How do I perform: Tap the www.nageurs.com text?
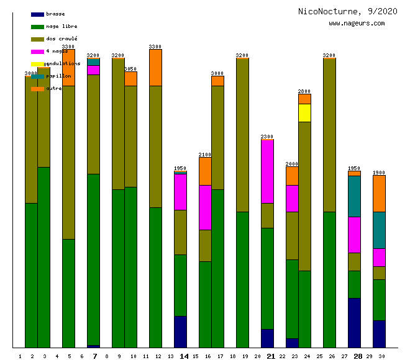click(357, 24)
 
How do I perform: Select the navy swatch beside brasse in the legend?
click(37, 14)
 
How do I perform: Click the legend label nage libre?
click(61, 27)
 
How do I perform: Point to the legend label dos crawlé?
click(61, 39)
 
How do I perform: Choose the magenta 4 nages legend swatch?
click(37, 52)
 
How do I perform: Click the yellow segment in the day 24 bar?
click(304, 113)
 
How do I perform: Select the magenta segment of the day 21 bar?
click(267, 171)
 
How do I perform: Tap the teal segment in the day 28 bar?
click(354, 196)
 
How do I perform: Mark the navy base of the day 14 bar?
click(180, 331)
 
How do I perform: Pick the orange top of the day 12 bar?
click(155, 67)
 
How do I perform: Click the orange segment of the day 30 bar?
click(379, 194)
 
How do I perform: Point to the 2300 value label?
click(267, 137)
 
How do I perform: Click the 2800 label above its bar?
click(304, 91)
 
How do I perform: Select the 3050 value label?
click(130, 69)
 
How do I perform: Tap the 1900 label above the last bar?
click(379, 173)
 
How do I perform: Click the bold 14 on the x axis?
click(184, 356)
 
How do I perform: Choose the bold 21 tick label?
click(271, 356)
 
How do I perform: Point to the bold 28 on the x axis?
click(358, 356)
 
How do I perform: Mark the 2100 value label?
click(205, 155)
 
